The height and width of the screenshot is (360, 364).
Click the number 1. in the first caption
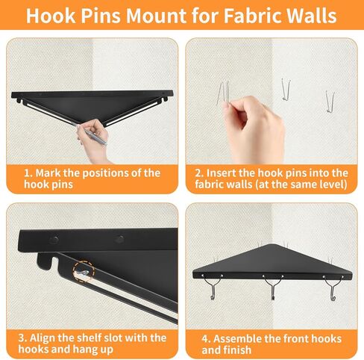point(28,173)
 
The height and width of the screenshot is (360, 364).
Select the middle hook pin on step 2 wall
point(283,89)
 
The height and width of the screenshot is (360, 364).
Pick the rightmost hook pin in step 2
point(329,98)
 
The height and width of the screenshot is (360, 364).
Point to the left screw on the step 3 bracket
point(54,240)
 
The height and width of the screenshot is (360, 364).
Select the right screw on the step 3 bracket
point(119,240)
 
